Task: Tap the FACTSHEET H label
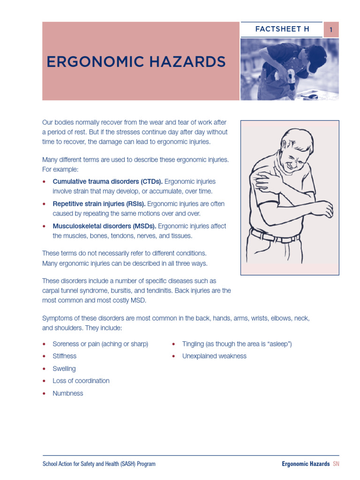click(x=282, y=29)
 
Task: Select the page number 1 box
click(x=331, y=30)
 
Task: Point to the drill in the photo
click(x=291, y=77)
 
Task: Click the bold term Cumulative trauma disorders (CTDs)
click(x=107, y=181)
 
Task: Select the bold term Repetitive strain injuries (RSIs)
click(x=99, y=204)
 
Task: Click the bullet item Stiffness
click(x=64, y=356)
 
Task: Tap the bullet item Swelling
click(x=64, y=369)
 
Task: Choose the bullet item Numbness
click(x=67, y=394)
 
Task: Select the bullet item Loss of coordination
click(x=81, y=381)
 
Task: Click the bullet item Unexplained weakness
click(x=214, y=356)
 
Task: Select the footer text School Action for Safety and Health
click(x=98, y=464)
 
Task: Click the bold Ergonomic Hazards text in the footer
click(x=306, y=464)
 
